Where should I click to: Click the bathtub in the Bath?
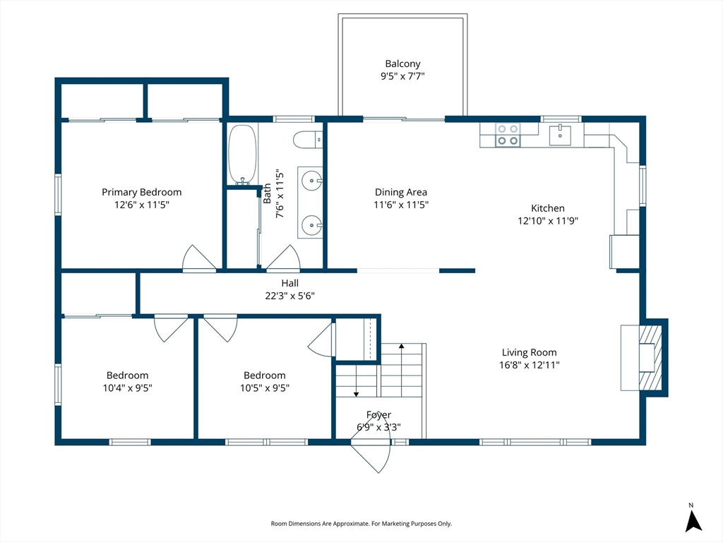pyautogui.click(x=242, y=155)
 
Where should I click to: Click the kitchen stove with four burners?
pyautogui.click(x=508, y=135)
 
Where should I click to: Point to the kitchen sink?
pyautogui.click(x=560, y=135)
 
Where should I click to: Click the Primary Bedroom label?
pyautogui.click(x=141, y=192)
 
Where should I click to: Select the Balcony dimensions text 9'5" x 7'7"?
pyautogui.click(x=402, y=76)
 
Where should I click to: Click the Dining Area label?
pyautogui.click(x=401, y=192)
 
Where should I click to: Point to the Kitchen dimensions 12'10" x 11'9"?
pyautogui.click(x=548, y=221)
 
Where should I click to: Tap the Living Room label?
pyautogui.click(x=530, y=353)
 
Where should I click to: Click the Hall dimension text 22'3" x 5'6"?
pyautogui.click(x=289, y=296)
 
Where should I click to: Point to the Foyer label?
pyautogui.click(x=378, y=415)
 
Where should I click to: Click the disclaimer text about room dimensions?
pyautogui.click(x=361, y=524)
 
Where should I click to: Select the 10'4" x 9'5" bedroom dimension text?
pyautogui.click(x=127, y=388)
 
